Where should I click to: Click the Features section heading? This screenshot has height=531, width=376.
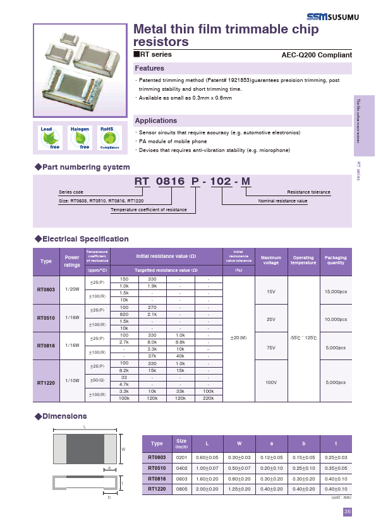(150, 68)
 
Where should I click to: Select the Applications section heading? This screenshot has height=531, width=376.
(155, 120)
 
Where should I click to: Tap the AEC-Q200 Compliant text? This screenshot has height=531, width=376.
(316, 55)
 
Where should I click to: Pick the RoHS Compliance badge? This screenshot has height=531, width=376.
(109, 137)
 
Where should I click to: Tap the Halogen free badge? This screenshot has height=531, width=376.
(80, 137)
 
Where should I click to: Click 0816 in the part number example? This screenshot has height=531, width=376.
(171, 182)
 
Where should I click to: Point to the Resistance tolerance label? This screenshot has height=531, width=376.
(308, 192)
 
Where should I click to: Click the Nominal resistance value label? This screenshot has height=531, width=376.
(282, 201)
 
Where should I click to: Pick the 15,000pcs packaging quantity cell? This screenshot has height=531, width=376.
(336, 293)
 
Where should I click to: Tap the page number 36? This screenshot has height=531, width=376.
(348, 512)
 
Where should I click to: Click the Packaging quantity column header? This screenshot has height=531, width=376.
(336, 260)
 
